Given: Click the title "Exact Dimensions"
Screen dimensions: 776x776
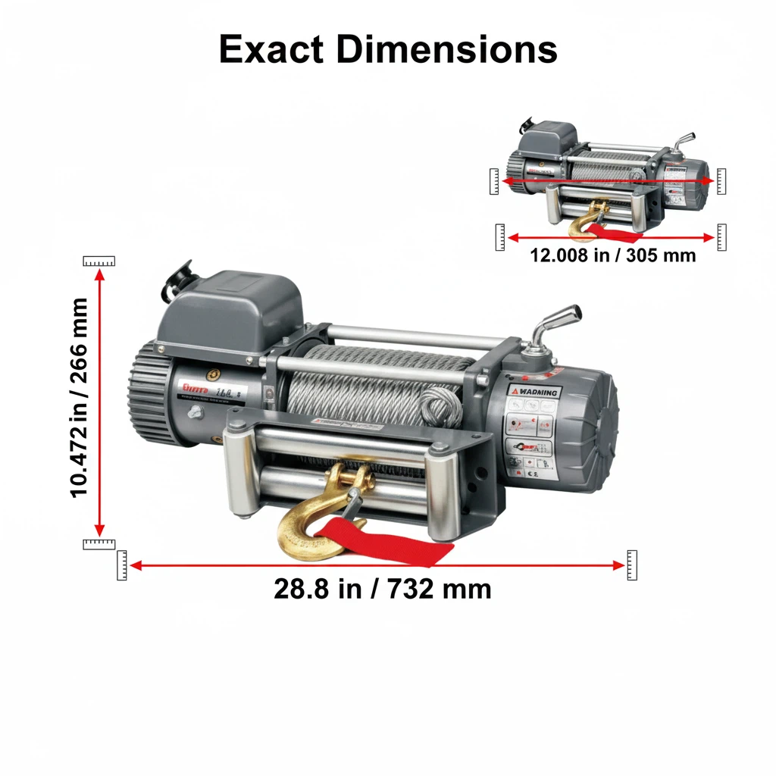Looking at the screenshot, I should tap(387, 50).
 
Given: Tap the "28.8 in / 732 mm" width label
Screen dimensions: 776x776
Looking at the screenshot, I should tap(382, 589).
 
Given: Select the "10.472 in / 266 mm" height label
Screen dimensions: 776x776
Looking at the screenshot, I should tap(79, 398).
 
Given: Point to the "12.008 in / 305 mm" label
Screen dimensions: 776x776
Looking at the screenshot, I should tap(612, 255).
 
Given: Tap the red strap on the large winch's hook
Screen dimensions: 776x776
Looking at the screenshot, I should tap(394, 543).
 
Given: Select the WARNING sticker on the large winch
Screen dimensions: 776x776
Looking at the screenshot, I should tap(536, 392).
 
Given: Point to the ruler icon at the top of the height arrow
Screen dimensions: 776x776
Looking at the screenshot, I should tap(99, 261).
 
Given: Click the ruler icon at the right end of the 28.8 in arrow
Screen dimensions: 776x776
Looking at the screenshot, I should tap(631, 565).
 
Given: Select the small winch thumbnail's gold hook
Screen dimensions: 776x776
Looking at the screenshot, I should tap(588, 221).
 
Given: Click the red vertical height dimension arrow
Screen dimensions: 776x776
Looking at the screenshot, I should tap(99, 402).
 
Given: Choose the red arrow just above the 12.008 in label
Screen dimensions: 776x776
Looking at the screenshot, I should tap(610, 237).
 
